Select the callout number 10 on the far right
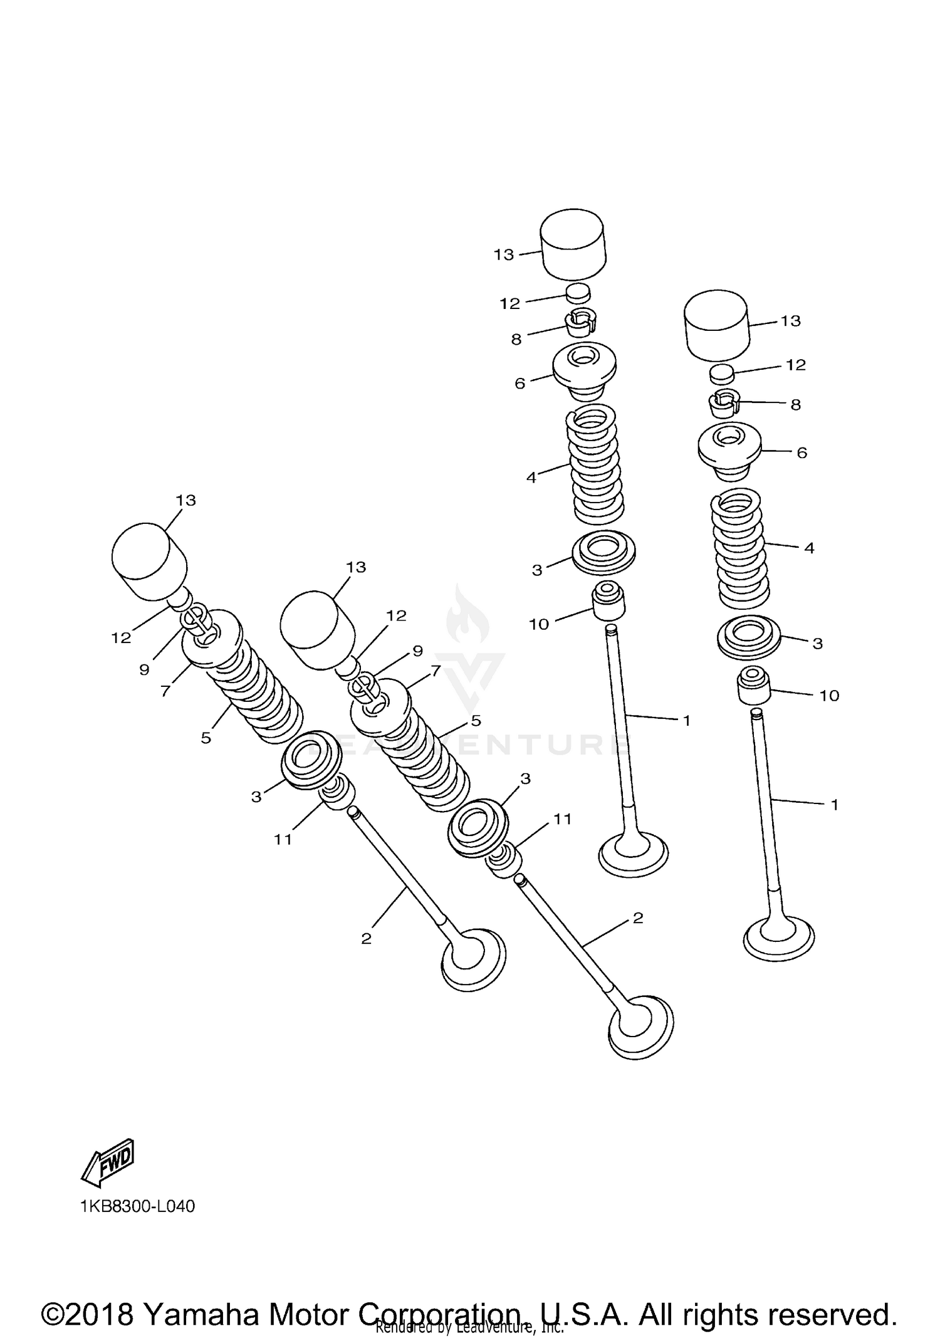pos(829,696)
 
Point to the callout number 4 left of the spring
pos(531,478)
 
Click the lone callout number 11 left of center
pos(283,839)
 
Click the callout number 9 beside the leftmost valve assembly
pos(144,670)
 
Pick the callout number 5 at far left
pos(206,738)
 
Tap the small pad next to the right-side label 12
pos(721,374)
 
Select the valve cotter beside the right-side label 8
pos(724,405)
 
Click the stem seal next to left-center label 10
pos(608,600)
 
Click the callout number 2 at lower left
pos(367,939)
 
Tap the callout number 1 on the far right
pos(834,805)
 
